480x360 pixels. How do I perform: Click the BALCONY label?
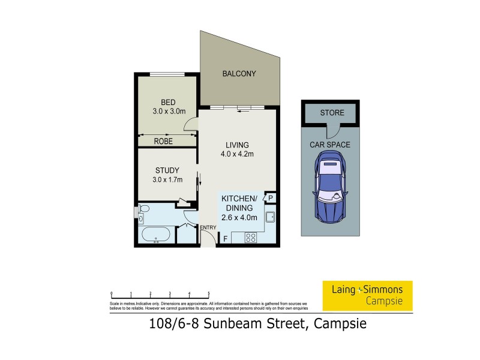pyautogui.click(x=239, y=74)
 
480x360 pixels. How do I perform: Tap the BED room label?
pyautogui.click(x=160, y=102)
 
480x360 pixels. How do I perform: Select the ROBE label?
pyautogui.click(x=163, y=142)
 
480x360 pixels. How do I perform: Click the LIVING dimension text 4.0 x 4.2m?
pyautogui.click(x=236, y=154)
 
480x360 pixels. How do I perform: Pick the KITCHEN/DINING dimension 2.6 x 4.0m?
pyautogui.click(x=239, y=217)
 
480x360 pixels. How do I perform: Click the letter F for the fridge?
pyautogui.click(x=225, y=239)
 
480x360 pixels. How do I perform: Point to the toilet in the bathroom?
pyautogui.click(x=142, y=209)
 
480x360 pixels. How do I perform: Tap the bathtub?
pyautogui.click(x=156, y=235)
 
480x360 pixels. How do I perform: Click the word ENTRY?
pyautogui.click(x=208, y=227)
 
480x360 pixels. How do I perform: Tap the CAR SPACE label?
pyautogui.click(x=329, y=145)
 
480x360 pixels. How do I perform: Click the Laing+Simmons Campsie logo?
pyautogui.click(x=367, y=295)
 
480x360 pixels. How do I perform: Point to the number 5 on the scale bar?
pyautogui.click(x=208, y=294)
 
